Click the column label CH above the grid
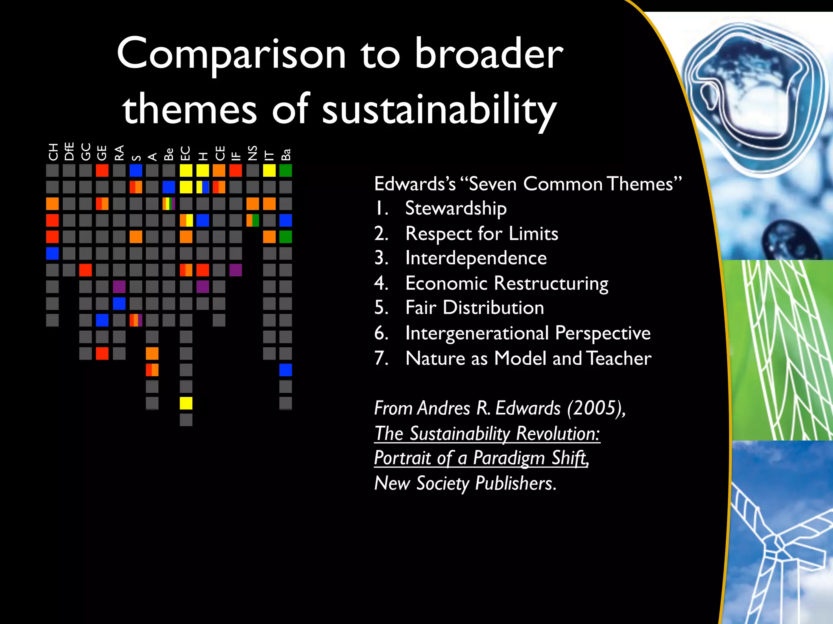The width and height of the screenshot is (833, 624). (53, 152)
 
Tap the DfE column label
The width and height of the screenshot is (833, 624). (70, 151)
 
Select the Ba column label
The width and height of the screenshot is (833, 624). (286, 154)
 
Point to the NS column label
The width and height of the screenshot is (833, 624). (253, 153)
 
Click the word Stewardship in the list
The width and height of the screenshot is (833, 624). (456, 208)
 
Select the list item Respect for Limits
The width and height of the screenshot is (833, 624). (482, 234)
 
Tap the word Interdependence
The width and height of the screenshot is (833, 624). (476, 258)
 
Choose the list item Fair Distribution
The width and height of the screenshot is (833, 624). (474, 308)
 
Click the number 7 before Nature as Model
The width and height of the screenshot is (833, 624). (381, 358)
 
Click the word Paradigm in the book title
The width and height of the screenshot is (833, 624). (508, 458)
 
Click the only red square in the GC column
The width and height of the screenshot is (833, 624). (85, 270)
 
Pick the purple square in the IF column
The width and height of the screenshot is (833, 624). (236, 270)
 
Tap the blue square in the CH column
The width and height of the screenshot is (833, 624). (52, 253)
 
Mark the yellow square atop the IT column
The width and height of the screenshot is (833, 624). (269, 171)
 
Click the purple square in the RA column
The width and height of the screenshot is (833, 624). (119, 287)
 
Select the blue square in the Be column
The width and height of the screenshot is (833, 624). (169, 187)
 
